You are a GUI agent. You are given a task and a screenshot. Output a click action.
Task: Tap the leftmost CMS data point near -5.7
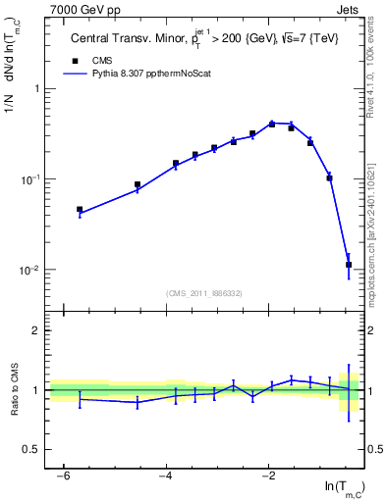80,209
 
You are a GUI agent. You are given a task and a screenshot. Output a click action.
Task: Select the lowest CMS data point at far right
349,265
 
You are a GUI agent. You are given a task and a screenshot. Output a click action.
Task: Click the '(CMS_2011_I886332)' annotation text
205,293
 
